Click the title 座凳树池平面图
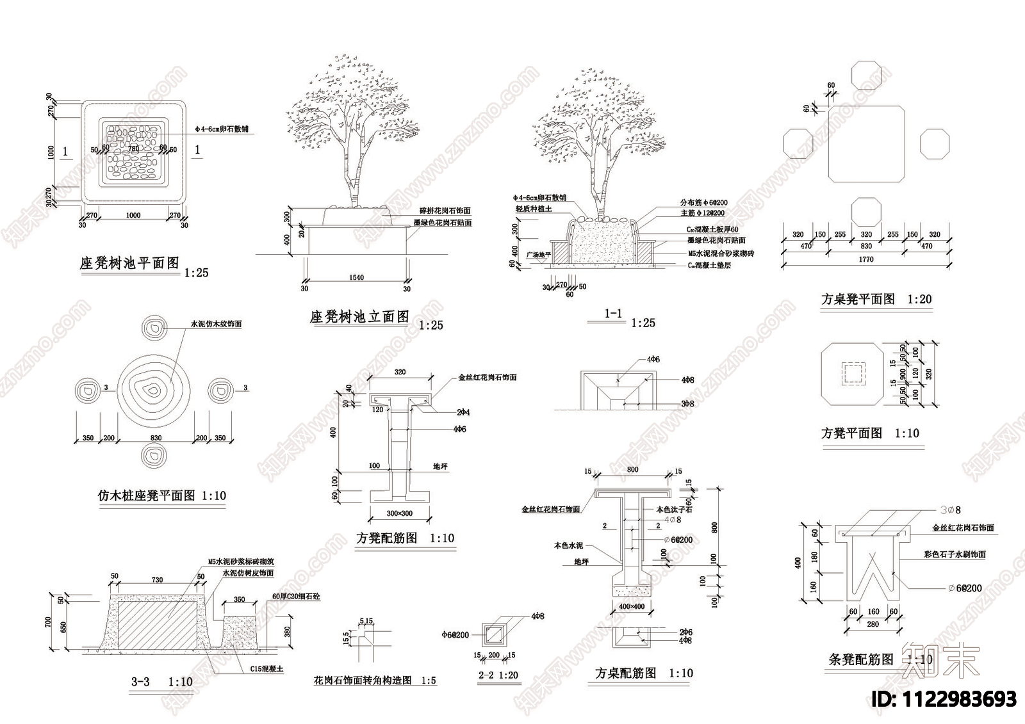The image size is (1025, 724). (129, 263)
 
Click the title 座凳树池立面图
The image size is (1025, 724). (359, 316)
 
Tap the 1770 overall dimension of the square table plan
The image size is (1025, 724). (865, 259)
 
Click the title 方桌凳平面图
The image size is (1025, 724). (858, 299)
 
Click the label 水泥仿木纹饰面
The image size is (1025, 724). (216, 324)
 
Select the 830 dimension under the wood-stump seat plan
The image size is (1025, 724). (156, 438)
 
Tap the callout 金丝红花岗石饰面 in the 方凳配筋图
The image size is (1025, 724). (487, 378)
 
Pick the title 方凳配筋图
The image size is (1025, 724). (387, 538)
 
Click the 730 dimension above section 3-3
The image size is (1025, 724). (157, 580)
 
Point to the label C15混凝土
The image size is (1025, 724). (266, 668)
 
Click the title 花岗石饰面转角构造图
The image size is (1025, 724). (363, 680)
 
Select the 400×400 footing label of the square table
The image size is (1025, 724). (632, 606)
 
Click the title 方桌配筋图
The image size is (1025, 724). (626, 673)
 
